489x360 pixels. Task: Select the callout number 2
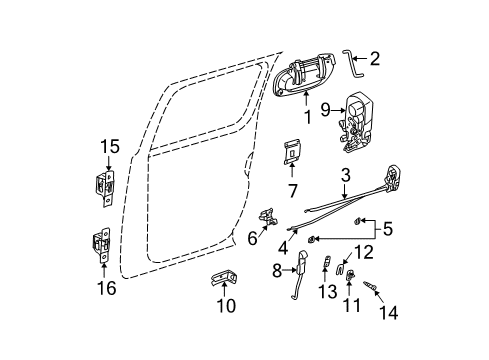(x=373, y=59)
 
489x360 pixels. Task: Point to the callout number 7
(x=293, y=189)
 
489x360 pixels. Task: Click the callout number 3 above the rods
(x=344, y=176)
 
